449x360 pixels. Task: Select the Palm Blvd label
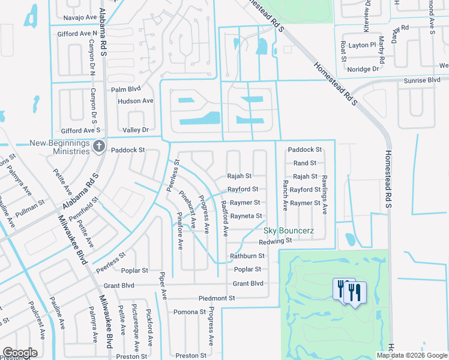125,89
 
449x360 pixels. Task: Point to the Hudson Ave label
136,101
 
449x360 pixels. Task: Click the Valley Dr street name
135,130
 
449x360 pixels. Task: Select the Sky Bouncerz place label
287,231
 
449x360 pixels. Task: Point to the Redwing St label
275,241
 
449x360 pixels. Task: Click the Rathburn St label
247,256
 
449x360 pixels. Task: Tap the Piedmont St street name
217,298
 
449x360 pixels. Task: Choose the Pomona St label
190,312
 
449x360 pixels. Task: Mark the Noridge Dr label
363,69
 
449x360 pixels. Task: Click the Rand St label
305,163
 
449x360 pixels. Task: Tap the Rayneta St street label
246,216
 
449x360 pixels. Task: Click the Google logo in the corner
20,353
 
